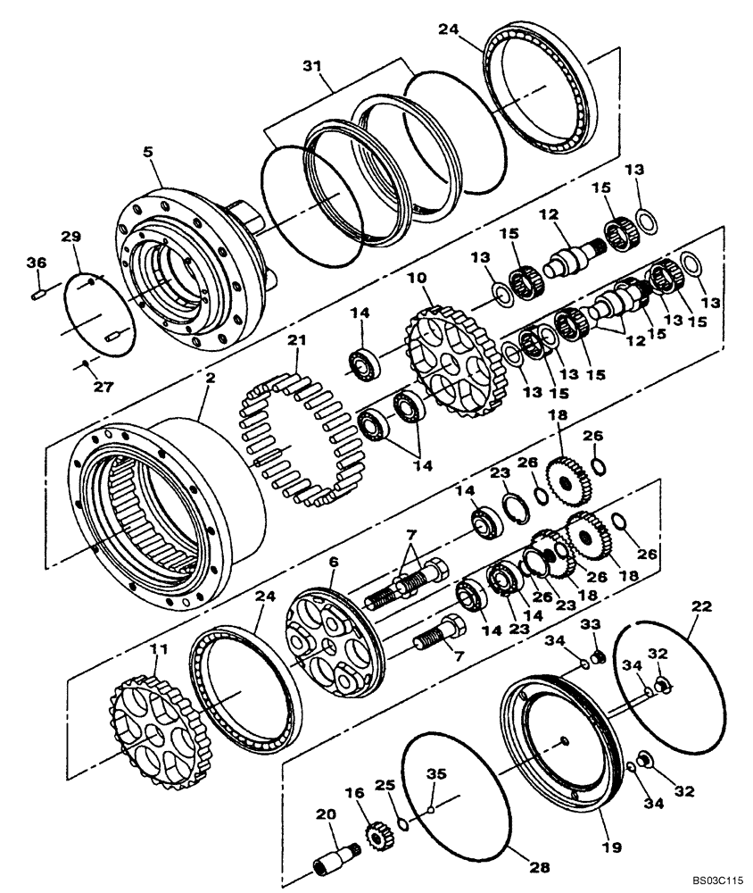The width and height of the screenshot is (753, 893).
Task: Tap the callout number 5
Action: click(x=149, y=153)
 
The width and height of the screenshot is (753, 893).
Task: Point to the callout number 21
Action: click(x=296, y=340)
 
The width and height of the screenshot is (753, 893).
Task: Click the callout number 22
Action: click(x=703, y=606)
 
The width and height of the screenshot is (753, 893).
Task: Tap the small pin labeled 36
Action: click(x=38, y=291)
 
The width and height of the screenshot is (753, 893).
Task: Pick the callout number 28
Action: click(x=543, y=867)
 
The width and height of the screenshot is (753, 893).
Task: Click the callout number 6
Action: click(x=333, y=562)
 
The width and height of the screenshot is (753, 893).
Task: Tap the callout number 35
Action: click(x=436, y=773)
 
